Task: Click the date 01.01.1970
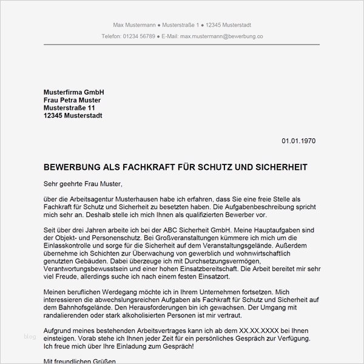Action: point(298,141)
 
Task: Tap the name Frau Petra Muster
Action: point(72,100)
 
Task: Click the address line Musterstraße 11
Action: point(69,108)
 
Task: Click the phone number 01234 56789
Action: point(139,36)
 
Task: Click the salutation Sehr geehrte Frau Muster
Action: point(83,184)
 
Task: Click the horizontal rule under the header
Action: point(181,45)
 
